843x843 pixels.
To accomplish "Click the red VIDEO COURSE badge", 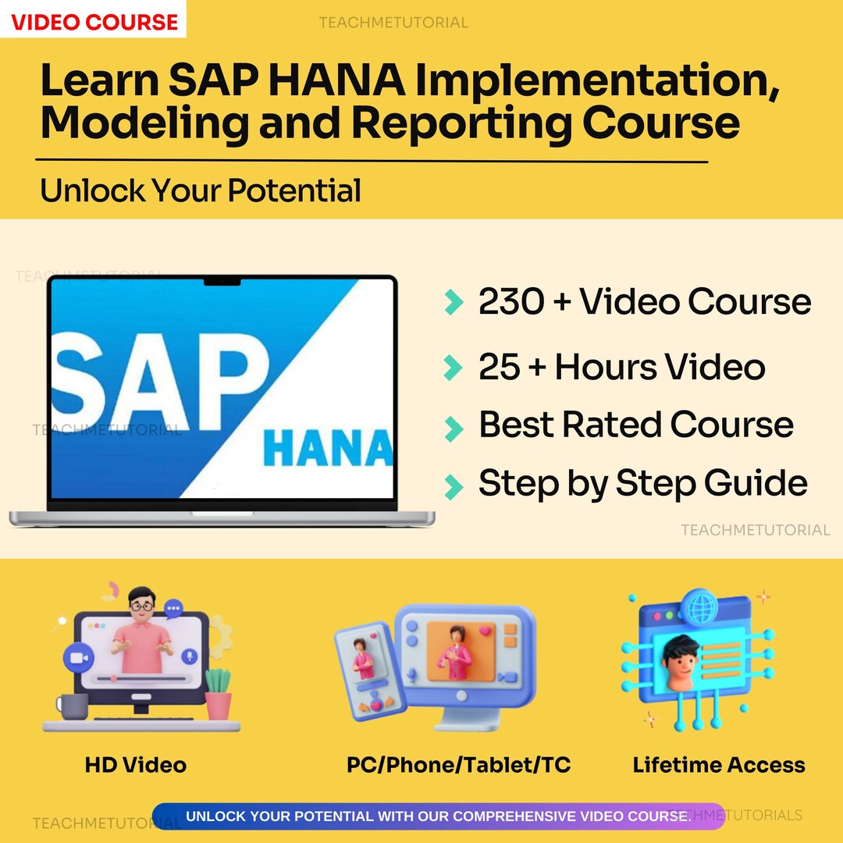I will pos(94,21).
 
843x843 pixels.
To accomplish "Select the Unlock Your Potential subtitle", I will pos(201,190).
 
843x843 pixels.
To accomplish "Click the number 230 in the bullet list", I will pos(511,302).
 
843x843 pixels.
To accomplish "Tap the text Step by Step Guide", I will pos(642,484).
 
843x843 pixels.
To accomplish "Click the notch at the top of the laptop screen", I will pos(222,280).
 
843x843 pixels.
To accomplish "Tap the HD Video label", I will pos(136,765).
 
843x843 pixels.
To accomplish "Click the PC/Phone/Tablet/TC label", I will pos(458,765).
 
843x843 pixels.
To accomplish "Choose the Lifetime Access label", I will pos(719,765).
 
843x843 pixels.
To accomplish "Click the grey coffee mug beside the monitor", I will pos(73,706).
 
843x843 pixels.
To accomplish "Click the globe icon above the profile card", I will pos(698,605).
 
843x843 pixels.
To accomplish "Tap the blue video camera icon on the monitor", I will pos(78,657).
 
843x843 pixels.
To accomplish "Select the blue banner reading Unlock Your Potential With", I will pos(437,816).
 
